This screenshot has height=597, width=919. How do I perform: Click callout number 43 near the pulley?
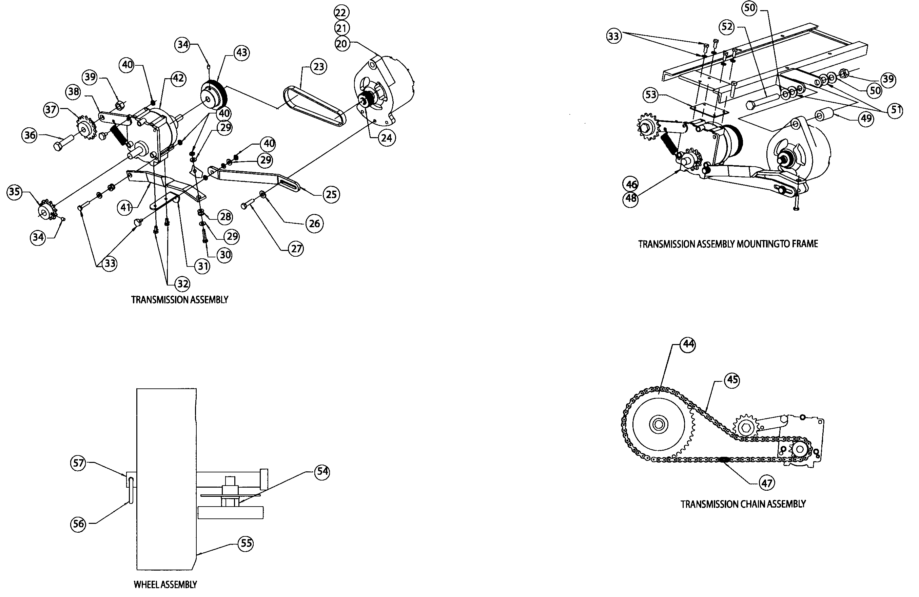[242, 52]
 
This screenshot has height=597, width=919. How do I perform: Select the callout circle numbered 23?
[318, 67]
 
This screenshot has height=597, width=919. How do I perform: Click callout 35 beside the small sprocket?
[14, 192]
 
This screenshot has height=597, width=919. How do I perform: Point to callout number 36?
[30, 135]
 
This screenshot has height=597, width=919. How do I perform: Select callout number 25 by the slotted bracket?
[331, 194]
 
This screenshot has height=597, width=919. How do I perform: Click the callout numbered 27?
[296, 249]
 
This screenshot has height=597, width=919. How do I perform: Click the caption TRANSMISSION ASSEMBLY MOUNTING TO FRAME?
[728, 244]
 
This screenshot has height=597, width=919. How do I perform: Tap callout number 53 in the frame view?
[651, 95]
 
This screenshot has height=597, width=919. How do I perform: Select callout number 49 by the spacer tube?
[866, 118]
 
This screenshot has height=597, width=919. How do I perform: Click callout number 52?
[727, 27]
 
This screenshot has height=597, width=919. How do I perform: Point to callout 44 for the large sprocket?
[688, 344]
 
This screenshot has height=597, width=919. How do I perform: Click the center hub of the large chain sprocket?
[659, 424]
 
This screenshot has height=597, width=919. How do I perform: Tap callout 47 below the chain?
[766, 483]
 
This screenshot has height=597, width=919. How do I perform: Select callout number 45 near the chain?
[732, 380]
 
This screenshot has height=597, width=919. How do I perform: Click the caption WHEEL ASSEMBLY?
[165, 585]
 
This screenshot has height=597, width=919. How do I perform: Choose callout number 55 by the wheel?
[246, 543]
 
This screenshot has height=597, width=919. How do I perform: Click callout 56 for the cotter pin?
[78, 524]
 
